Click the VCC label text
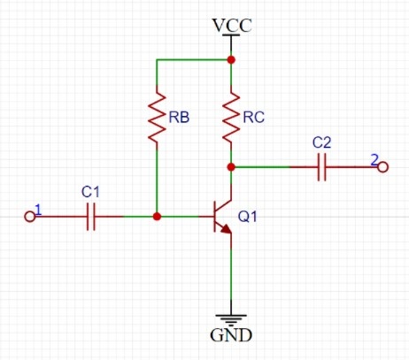232,26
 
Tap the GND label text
231,335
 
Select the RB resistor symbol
157,118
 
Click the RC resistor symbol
231,118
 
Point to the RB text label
179,118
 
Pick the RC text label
253,118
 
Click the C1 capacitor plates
91,217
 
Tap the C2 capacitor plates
322,167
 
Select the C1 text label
90,192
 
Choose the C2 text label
321,142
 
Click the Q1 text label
247,217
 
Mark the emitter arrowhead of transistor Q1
227,229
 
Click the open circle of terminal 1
29,217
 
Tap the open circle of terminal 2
382,167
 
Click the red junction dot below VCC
231,60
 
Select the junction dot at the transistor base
157,217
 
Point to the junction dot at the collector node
231,167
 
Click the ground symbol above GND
231,320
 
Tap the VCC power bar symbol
231,35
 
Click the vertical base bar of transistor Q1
214,217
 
